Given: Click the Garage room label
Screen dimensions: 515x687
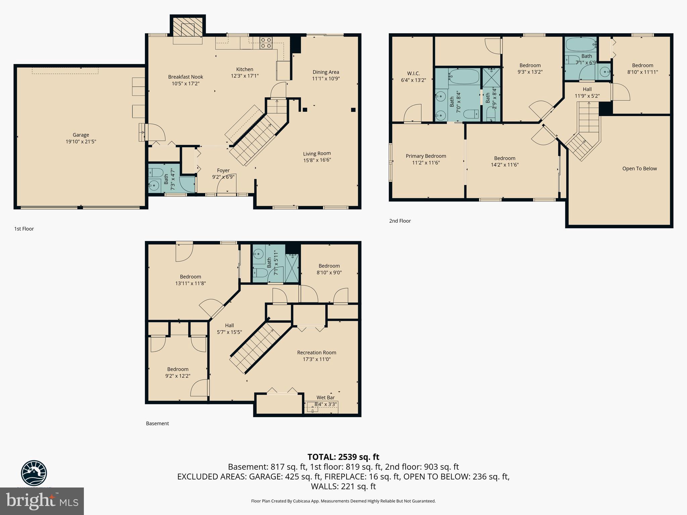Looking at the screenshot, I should coord(81,135).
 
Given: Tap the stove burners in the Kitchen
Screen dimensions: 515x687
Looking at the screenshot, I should coord(266,43).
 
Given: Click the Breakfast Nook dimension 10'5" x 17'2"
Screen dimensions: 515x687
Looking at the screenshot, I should coord(186,83).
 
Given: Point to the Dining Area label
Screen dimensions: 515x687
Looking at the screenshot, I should coord(325,72).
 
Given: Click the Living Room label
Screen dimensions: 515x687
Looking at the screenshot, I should coord(317,154).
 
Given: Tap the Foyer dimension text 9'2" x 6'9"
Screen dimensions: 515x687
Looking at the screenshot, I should coord(223,177).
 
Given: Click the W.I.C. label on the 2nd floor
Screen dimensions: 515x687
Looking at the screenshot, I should coord(413,73).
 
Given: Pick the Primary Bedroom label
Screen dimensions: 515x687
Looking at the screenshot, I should coord(426,156).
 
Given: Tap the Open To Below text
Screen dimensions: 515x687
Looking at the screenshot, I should coord(639,169).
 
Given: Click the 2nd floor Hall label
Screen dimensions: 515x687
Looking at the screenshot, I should coord(587,89).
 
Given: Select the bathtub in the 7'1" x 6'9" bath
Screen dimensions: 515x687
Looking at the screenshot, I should coord(580,44).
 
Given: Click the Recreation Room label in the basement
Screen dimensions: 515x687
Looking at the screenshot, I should coord(316,352).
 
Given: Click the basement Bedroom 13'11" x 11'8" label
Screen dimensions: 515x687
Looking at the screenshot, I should coord(190,277).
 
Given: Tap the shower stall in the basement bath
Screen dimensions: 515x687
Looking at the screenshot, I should coord(292,268).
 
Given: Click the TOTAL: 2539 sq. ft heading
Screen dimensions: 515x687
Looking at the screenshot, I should coord(343,457).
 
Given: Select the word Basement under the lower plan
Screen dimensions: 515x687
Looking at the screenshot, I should coord(157,423).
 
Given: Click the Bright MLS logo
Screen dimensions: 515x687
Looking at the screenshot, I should coord(42,501).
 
